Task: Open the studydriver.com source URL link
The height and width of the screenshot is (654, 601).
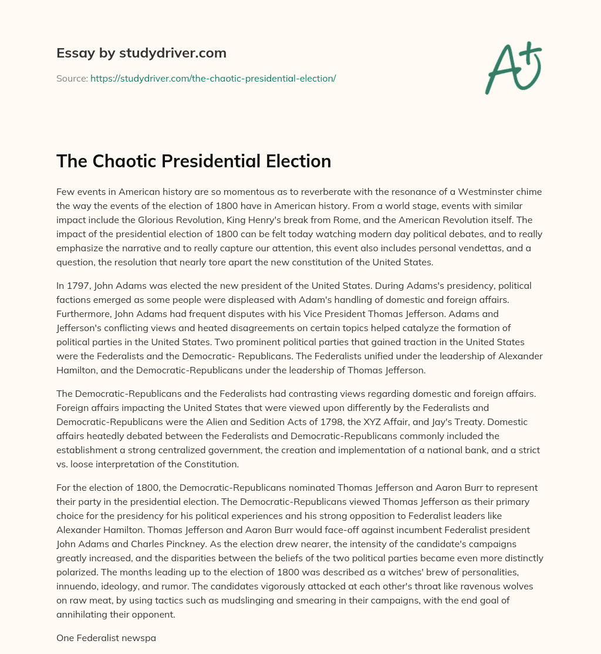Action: (x=213, y=78)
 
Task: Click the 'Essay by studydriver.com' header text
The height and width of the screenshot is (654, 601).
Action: (x=141, y=53)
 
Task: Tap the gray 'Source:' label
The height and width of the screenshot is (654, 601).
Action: (x=72, y=78)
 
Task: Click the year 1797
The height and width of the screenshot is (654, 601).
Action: (x=77, y=285)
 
